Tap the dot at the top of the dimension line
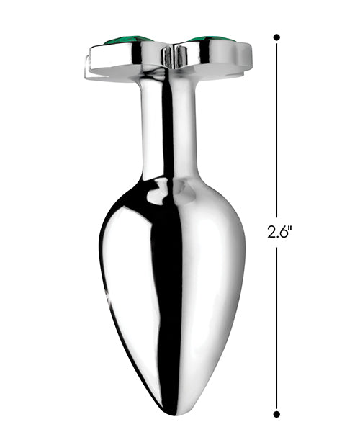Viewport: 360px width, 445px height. (x=276, y=37)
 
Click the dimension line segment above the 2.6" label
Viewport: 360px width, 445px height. (x=276, y=130)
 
